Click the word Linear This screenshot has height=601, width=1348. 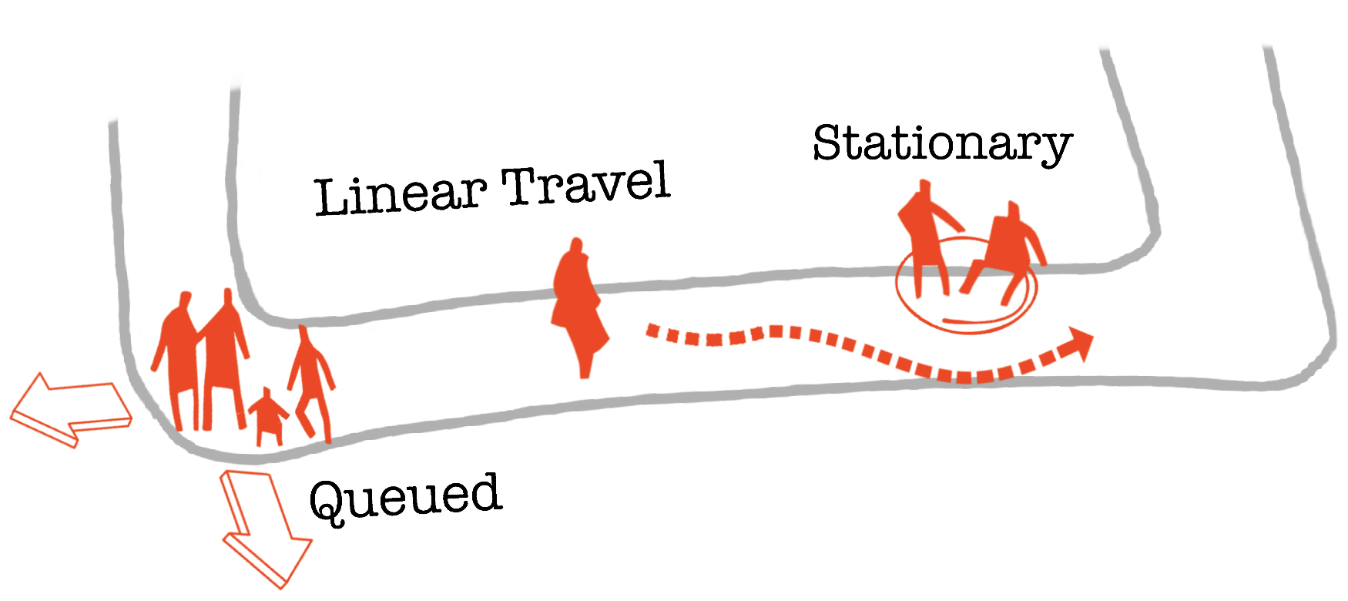coord(401,194)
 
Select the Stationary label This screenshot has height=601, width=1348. coord(942,143)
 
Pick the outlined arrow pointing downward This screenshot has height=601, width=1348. coord(262,528)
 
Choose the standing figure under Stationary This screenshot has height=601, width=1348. coord(924,235)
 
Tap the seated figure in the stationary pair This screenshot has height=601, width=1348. coord(1005,250)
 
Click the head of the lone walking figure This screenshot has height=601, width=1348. coord(575,247)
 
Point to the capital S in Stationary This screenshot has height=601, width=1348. coord(827,143)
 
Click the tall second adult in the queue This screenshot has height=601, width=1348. coord(223,351)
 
